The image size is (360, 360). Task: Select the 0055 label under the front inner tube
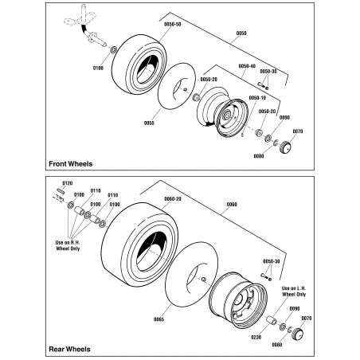(x=148, y=123)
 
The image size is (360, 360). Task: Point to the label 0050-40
(x=247, y=66)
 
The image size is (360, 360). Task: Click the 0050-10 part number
(x=257, y=97)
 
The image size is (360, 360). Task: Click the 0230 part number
(x=255, y=338)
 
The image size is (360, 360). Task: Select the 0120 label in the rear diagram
(x=68, y=183)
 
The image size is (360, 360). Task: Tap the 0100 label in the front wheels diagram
(x=98, y=68)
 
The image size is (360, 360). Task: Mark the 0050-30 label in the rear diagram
(x=272, y=261)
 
